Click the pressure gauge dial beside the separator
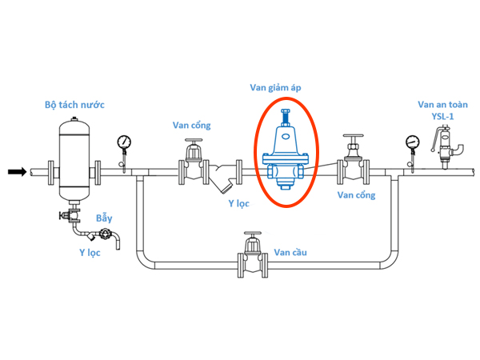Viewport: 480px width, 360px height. pyautogui.click(x=124, y=142)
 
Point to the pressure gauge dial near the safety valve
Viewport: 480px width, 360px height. pyautogui.click(x=412, y=142)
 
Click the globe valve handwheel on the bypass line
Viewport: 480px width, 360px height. pyautogui.click(x=252, y=238)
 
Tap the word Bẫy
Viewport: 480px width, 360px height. pyautogui.click(x=105, y=218)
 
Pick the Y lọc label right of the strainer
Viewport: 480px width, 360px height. pyautogui.click(x=239, y=203)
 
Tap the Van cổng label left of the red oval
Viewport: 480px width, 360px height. pyautogui.click(x=192, y=125)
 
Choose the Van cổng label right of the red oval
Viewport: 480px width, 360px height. pyautogui.click(x=356, y=194)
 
